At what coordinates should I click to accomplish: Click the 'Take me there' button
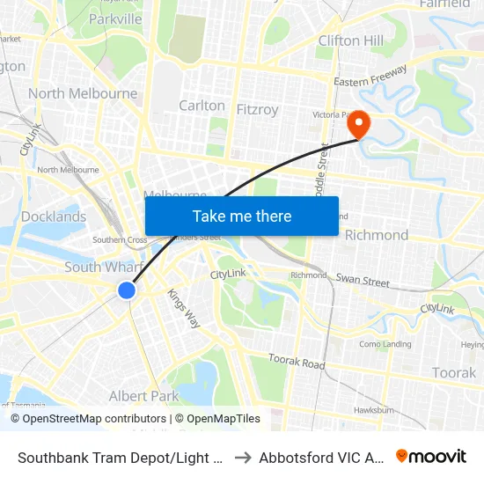pyautogui.click(x=242, y=216)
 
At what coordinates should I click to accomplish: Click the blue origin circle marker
pyautogui.click(x=127, y=290)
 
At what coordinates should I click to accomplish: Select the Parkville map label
pyautogui.click(x=115, y=18)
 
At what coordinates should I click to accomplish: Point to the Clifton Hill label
pyautogui.click(x=351, y=40)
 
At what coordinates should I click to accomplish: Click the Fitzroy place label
pyautogui.click(x=258, y=109)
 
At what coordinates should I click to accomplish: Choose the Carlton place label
pyautogui.click(x=202, y=106)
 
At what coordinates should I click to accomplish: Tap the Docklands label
pyautogui.click(x=55, y=216)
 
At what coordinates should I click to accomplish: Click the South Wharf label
pyautogui.click(x=98, y=267)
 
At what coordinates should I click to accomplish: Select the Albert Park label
pyautogui.click(x=143, y=396)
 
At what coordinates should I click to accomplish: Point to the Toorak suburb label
pyautogui.click(x=453, y=373)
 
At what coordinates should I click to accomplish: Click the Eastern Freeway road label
pyautogui.click(x=370, y=77)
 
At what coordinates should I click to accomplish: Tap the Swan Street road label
pyautogui.click(x=363, y=281)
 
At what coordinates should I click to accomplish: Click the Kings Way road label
pyautogui.click(x=184, y=308)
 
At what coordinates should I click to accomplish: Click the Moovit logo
pyautogui.click(x=430, y=456)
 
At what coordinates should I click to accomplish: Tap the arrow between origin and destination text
pyautogui.click(x=243, y=457)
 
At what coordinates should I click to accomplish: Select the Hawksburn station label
pyautogui.click(x=373, y=409)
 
